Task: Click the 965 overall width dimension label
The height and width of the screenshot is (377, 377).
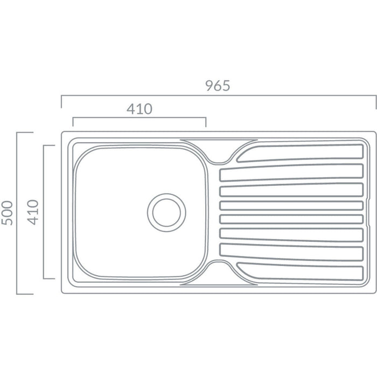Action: pyautogui.click(x=218, y=86)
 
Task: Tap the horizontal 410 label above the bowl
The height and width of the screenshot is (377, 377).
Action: pyautogui.click(x=139, y=109)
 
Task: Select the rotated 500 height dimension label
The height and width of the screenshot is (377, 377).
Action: pyautogui.click(x=7, y=213)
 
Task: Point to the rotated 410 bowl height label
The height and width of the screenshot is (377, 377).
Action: pyautogui.click(x=33, y=212)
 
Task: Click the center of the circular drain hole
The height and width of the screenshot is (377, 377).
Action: pyautogui.click(x=166, y=213)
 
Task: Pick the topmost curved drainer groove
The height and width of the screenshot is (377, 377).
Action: pyautogui.click(x=300, y=153)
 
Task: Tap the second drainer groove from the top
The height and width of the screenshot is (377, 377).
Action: pyautogui.click(x=291, y=173)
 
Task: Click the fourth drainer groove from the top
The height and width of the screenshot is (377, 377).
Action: pyautogui.click(x=291, y=206)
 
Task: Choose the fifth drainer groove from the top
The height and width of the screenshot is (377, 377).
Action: pyautogui.click(x=291, y=219)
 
